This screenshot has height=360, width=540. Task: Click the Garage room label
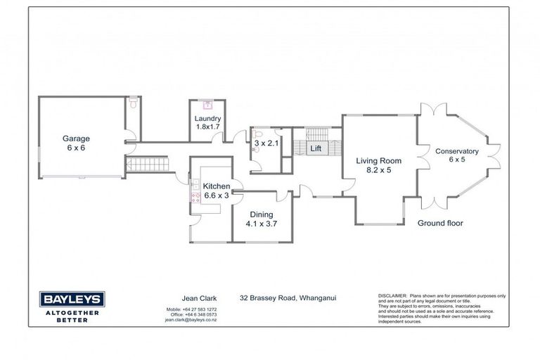coord(75,139)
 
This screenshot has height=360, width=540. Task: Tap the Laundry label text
coord(207,118)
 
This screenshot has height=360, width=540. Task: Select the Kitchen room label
coord(216,186)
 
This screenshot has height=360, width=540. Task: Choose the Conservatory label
coord(456,151)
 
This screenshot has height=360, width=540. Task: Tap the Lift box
coord(316,148)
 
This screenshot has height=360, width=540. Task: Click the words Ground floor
coord(440,223)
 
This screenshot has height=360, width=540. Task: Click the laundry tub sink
coord(207,106)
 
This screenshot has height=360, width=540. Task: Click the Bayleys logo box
coord(70,300)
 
